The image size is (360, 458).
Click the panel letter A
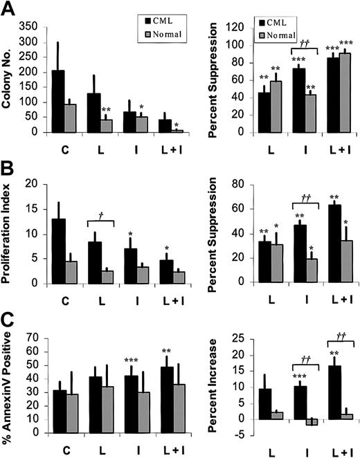tap(10, 9)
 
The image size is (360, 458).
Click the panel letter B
tap(10, 165)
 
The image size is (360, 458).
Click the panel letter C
tap(10, 320)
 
